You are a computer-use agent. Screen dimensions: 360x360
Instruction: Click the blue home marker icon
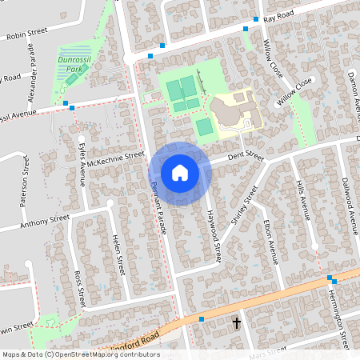tap(180, 172)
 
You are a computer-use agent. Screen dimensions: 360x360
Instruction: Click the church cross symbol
tap(236, 323)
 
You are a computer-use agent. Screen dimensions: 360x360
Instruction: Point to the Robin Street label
tap(26, 34)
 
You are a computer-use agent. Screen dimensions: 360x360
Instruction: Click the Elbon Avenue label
tap(270, 239)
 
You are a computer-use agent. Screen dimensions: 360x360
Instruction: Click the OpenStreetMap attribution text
tap(80, 354)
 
